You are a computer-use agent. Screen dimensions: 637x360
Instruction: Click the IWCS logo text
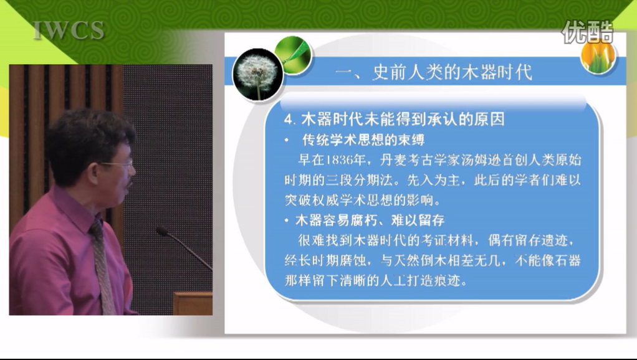point(69,31)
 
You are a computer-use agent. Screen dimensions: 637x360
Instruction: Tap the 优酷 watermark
point(587,32)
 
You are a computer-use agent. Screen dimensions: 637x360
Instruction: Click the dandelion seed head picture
point(257,75)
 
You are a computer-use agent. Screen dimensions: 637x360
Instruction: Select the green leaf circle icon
point(293,55)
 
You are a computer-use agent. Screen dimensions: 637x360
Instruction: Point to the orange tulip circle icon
point(598,56)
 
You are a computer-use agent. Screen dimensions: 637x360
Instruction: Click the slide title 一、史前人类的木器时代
point(433,73)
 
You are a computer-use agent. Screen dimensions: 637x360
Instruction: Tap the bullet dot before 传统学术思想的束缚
point(287,140)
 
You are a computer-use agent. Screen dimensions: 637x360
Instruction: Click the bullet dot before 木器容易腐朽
point(287,220)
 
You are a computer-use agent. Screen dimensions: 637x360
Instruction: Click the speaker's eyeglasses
point(118,165)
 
